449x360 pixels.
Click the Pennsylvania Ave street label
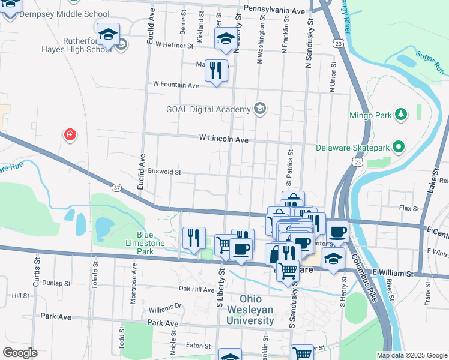pyautogui.click(x=274, y=11)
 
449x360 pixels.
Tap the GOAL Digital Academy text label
pyautogui.click(x=208, y=109)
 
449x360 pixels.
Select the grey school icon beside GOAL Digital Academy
pyautogui.click(x=260, y=109)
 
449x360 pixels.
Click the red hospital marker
pyautogui.click(x=70, y=134)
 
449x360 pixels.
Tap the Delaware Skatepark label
pyautogui.click(x=354, y=147)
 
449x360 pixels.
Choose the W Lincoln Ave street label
pyautogui.click(x=224, y=139)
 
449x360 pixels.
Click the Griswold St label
pyautogui.click(x=164, y=172)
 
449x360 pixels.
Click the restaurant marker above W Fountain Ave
pyautogui.click(x=217, y=70)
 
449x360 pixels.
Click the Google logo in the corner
pyautogui.click(x=20, y=353)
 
